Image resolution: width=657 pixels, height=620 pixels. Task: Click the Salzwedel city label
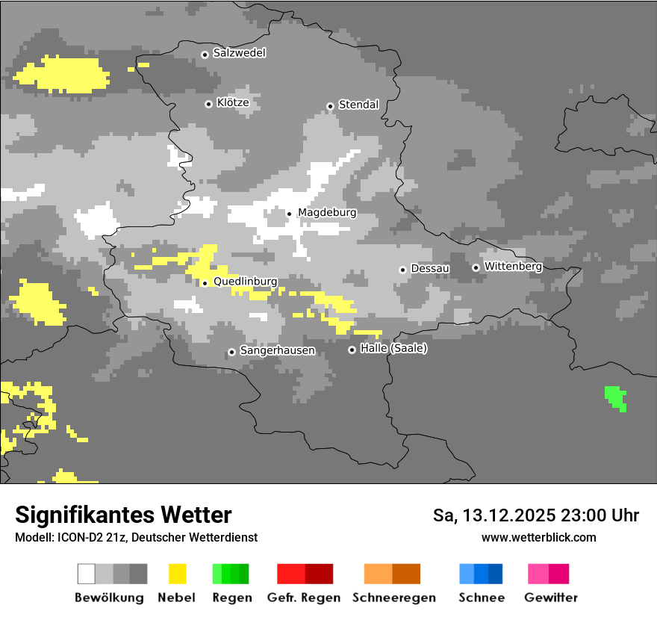(x=239, y=53)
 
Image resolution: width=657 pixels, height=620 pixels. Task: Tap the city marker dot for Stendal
(x=330, y=106)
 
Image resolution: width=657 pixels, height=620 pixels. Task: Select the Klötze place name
(x=233, y=103)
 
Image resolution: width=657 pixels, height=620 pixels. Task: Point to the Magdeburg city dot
(x=290, y=214)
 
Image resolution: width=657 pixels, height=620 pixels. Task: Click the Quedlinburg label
(x=245, y=282)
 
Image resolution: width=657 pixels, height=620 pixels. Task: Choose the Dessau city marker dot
(x=402, y=270)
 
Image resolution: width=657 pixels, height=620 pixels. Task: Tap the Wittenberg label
(x=513, y=266)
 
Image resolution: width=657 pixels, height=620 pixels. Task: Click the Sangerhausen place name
(x=277, y=350)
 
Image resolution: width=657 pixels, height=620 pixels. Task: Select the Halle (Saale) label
(x=393, y=348)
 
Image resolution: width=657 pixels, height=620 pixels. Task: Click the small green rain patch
(x=615, y=397)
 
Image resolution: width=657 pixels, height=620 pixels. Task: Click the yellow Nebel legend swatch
(x=177, y=574)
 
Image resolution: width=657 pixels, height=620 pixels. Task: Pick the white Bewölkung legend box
(x=87, y=574)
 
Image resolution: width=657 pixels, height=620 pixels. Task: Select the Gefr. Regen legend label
(x=304, y=598)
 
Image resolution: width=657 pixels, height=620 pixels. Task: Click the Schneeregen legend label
(x=394, y=598)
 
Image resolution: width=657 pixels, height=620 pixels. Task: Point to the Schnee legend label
(x=481, y=598)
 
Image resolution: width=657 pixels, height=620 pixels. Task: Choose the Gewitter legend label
(x=550, y=598)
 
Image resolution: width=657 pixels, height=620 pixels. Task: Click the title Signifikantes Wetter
(x=123, y=515)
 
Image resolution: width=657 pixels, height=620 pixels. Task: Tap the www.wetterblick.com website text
(x=538, y=537)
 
